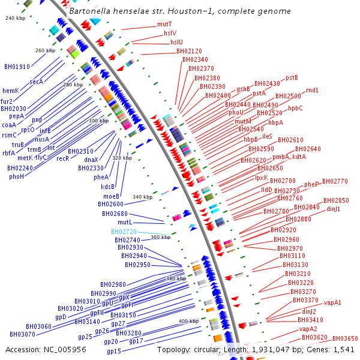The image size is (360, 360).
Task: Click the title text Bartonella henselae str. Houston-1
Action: coord(180,11)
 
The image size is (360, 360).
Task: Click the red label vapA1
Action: coord(332,302)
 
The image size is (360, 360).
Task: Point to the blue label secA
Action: coord(36,82)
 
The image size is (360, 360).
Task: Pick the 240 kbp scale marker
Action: coord(14,19)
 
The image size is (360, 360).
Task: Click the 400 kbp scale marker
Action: coord(188,321)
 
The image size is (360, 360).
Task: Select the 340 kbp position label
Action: coord(143,197)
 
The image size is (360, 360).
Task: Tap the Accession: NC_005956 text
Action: coord(38,349)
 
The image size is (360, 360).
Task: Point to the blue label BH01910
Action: coord(17,67)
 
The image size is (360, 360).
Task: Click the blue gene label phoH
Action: coord(16,176)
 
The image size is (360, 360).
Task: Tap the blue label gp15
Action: coord(114,350)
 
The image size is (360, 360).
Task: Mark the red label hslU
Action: coord(176,42)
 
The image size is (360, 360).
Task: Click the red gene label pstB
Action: coord(292,77)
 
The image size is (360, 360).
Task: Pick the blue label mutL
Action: coord(124,222)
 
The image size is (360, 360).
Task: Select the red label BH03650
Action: coord(345,338)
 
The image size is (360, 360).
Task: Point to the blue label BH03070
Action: coord(22,334)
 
